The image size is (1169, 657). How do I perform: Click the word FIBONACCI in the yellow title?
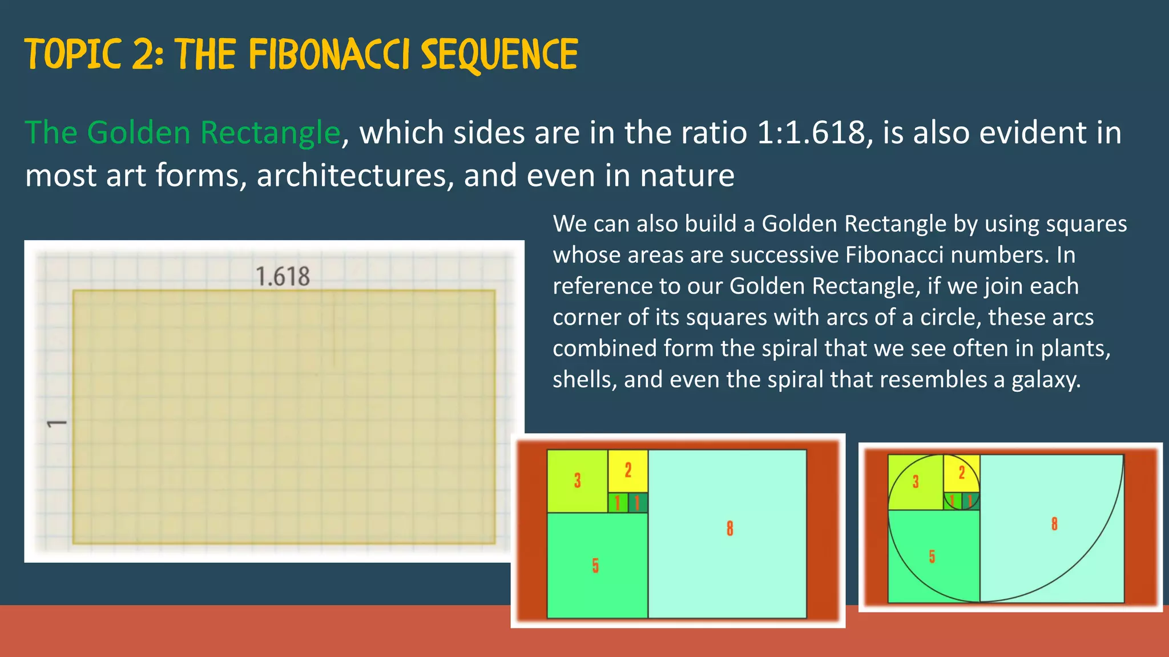(329, 55)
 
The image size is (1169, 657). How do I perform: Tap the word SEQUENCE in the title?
(499, 55)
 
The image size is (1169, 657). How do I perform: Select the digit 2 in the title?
(143, 55)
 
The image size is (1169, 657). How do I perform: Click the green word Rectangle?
(271, 133)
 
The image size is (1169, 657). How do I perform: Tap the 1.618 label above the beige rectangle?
(283, 277)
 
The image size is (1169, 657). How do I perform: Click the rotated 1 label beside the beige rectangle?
(57, 424)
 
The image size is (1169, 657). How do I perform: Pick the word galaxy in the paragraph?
(1045, 380)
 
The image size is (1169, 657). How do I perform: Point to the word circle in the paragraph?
(946, 318)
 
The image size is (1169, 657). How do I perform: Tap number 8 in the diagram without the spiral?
(729, 529)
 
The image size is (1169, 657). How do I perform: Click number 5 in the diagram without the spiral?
(595, 565)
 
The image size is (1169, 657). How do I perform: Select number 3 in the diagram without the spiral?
(577, 481)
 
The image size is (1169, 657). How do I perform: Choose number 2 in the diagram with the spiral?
(962, 473)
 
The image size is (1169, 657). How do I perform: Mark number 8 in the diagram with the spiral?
(1054, 524)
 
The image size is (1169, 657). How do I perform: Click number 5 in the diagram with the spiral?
(932, 557)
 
